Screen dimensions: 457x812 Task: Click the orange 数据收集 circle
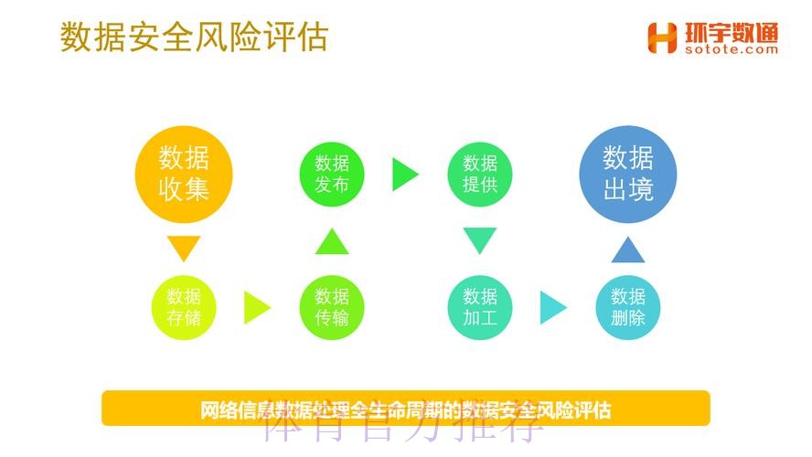point(184,174)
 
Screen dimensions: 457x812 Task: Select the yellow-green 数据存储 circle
point(184,307)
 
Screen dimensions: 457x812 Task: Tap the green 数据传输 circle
point(332,307)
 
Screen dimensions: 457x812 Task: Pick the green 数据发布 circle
point(332,174)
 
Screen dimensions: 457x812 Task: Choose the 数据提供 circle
point(480,174)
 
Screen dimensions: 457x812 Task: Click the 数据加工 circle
point(480,307)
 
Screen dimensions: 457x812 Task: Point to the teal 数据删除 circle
point(628,307)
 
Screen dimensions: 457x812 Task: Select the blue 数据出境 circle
point(628,174)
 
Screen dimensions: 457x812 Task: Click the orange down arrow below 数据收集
point(184,249)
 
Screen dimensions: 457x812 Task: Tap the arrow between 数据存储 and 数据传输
point(256,308)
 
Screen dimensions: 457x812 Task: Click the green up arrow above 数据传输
point(332,241)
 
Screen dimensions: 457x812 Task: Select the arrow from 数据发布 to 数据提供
point(404,175)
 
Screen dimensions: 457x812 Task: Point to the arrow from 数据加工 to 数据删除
point(552,308)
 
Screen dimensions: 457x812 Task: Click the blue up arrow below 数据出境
point(628,249)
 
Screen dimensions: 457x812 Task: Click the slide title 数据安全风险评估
point(194,37)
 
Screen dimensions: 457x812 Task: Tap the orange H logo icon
point(662,37)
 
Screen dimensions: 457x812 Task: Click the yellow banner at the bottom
point(405,408)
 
